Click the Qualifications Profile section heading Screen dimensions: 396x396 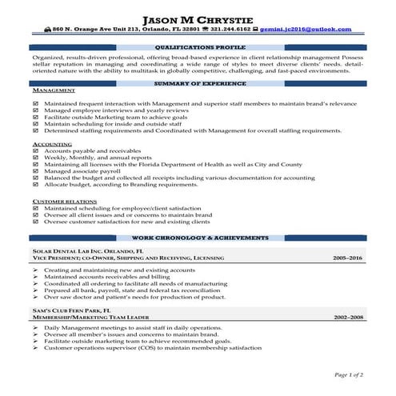(x=198, y=47)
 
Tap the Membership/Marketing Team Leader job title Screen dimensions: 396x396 (x=98, y=318)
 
